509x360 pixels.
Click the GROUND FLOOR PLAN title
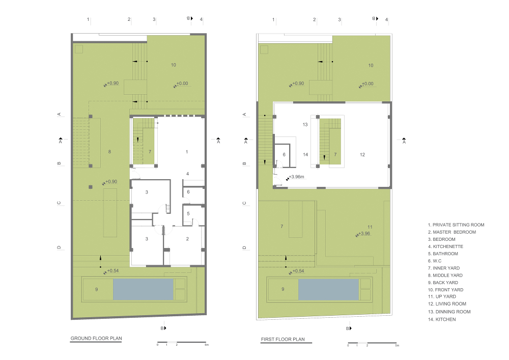(x=96, y=338)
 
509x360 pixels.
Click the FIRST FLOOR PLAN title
(x=282, y=339)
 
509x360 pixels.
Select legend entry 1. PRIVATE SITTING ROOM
(x=456, y=225)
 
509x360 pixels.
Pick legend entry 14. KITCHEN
(x=441, y=319)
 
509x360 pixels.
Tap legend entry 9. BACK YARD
(x=443, y=283)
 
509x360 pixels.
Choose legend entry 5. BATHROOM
(x=443, y=254)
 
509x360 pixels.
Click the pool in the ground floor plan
(x=143, y=289)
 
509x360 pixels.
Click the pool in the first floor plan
(x=328, y=289)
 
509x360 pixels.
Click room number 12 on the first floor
(x=362, y=154)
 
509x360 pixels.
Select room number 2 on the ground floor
(x=187, y=239)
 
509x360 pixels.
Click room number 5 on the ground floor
(x=188, y=213)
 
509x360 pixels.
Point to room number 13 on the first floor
(x=305, y=124)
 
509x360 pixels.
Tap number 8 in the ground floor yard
(x=109, y=152)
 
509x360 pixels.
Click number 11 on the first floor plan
(x=370, y=227)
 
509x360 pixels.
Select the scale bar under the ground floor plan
(x=182, y=342)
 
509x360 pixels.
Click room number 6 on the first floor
(x=284, y=154)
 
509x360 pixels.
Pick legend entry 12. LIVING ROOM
(x=447, y=304)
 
